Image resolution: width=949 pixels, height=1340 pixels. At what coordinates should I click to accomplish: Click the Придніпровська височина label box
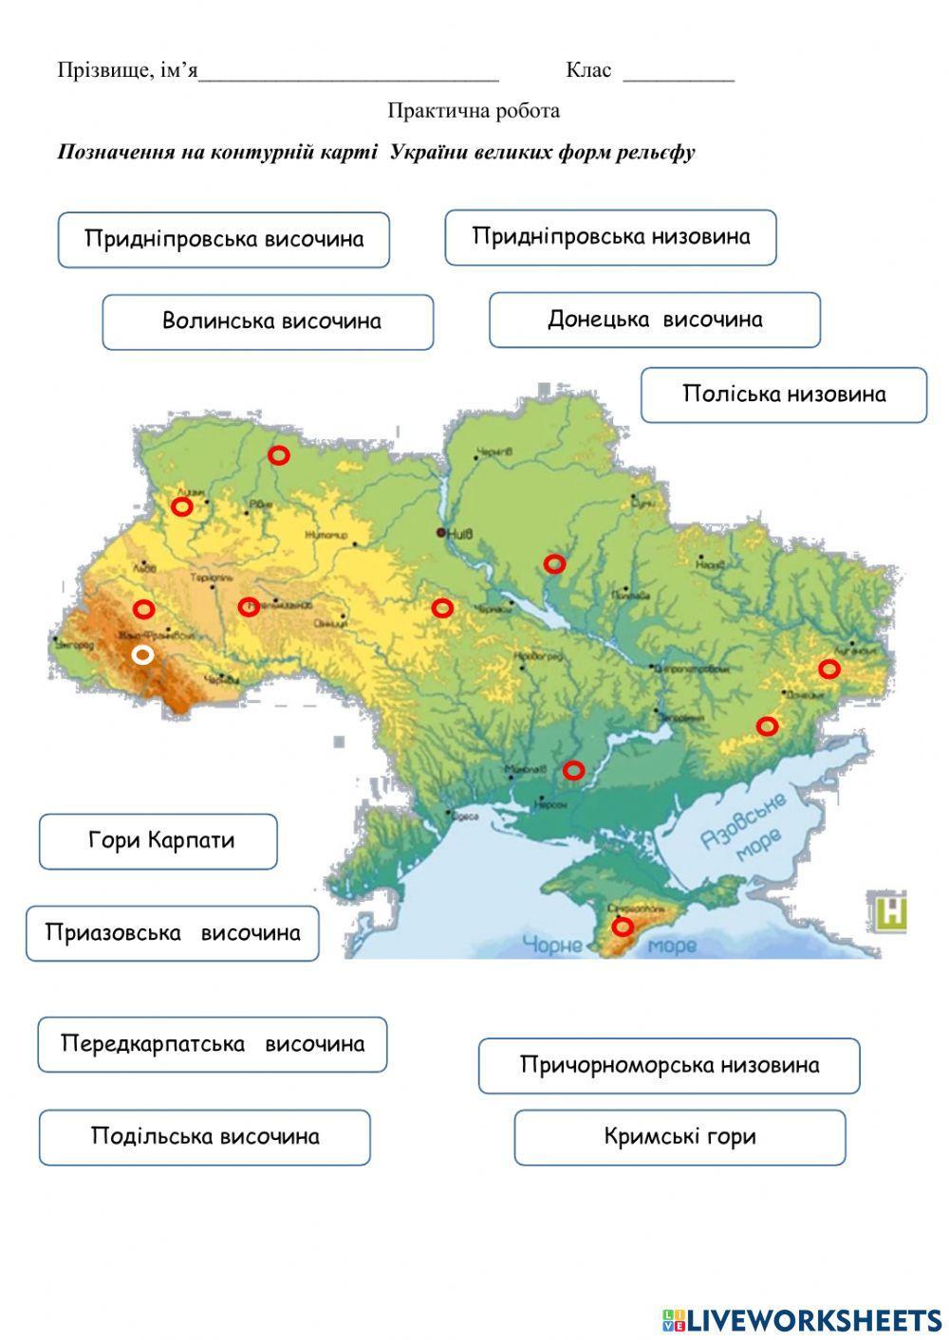click(224, 239)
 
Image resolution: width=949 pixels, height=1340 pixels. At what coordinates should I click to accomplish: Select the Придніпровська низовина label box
click(610, 237)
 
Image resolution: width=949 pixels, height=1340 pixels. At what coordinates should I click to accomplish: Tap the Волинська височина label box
click(268, 321)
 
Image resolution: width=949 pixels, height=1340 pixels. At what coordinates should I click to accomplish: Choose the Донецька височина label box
click(654, 320)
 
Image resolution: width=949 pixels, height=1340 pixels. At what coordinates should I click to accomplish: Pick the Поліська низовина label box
click(783, 395)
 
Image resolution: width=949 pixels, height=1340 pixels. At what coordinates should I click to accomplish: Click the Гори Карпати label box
click(158, 841)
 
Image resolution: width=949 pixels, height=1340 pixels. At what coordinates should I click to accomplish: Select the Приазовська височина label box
click(172, 933)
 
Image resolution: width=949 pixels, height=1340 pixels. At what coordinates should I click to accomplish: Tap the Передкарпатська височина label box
click(213, 1044)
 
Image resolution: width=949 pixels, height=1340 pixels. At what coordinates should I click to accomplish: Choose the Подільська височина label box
click(204, 1137)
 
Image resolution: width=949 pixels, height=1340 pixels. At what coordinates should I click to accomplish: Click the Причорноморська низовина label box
click(668, 1066)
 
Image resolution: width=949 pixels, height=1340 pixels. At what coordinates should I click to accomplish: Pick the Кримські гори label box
click(679, 1137)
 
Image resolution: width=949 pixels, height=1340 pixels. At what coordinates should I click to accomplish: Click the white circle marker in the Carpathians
click(142, 654)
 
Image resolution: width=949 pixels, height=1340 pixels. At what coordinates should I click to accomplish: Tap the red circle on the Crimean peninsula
click(622, 927)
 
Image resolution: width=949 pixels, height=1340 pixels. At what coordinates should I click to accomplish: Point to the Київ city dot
click(441, 533)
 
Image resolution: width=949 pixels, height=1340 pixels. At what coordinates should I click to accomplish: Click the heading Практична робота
click(473, 111)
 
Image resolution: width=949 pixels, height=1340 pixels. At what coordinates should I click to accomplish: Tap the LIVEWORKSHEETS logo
click(802, 1319)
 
